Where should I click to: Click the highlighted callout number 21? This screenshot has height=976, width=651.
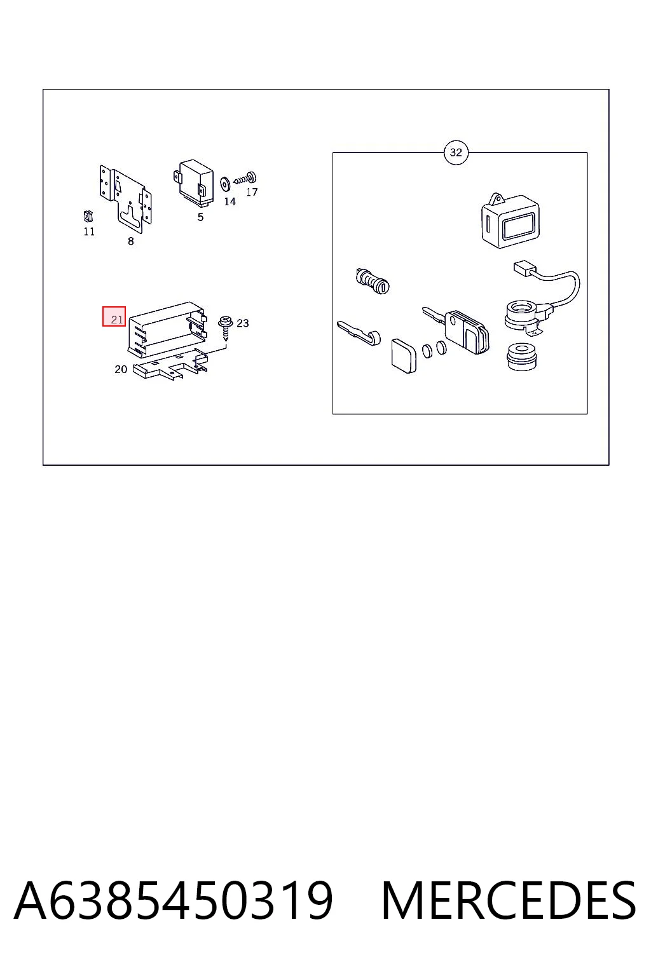click(x=116, y=320)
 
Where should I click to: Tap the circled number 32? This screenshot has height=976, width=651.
click(x=456, y=152)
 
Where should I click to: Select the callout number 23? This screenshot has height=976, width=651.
click(x=243, y=323)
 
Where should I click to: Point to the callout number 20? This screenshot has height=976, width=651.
click(x=121, y=369)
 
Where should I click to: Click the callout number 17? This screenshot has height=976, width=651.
click(x=252, y=192)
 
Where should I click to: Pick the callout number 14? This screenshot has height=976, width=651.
click(x=230, y=201)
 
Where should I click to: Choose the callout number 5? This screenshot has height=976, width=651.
click(x=200, y=217)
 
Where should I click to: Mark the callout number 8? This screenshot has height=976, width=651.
click(x=131, y=241)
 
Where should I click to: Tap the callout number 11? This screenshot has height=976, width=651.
click(x=89, y=232)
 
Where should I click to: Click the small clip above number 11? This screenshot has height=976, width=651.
click(x=88, y=216)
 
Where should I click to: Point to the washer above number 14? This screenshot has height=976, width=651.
click(x=226, y=184)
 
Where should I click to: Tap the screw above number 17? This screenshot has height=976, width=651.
click(x=245, y=178)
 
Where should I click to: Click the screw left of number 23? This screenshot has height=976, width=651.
click(x=226, y=327)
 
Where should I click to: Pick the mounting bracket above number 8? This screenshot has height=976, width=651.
click(x=126, y=198)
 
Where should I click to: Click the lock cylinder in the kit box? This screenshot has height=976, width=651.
click(x=373, y=281)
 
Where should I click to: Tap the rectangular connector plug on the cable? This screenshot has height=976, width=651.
click(x=524, y=268)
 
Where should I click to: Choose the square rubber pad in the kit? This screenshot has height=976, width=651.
click(x=404, y=356)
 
